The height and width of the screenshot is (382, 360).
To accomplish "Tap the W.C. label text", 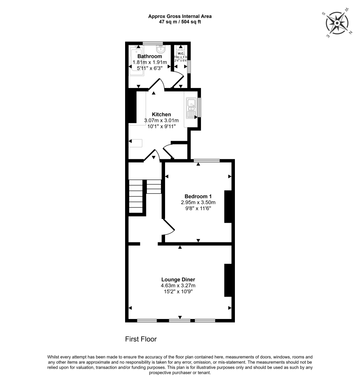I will [x=180, y=53].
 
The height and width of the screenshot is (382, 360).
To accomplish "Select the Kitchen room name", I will [x=161, y=114].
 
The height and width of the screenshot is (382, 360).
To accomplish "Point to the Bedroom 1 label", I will [x=198, y=196].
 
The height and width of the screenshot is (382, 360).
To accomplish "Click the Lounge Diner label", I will [x=178, y=279].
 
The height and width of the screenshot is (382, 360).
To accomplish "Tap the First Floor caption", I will [x=140, y=339].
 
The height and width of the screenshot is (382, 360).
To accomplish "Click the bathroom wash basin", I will [x=161, y=49].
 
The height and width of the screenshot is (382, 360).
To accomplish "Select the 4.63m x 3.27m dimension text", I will [x=178, y=286].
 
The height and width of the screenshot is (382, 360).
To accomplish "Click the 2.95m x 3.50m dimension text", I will [x=198, y=203].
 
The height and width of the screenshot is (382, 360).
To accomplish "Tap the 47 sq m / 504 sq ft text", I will [x=180, y=22].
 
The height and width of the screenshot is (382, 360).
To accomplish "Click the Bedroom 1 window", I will [x=207, y=161].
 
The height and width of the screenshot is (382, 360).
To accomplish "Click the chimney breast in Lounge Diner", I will [x=228, y=280].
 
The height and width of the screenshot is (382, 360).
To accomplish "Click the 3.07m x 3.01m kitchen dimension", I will [x=161, y=120].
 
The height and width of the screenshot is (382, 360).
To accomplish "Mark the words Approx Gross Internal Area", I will [x=180, y=16].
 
